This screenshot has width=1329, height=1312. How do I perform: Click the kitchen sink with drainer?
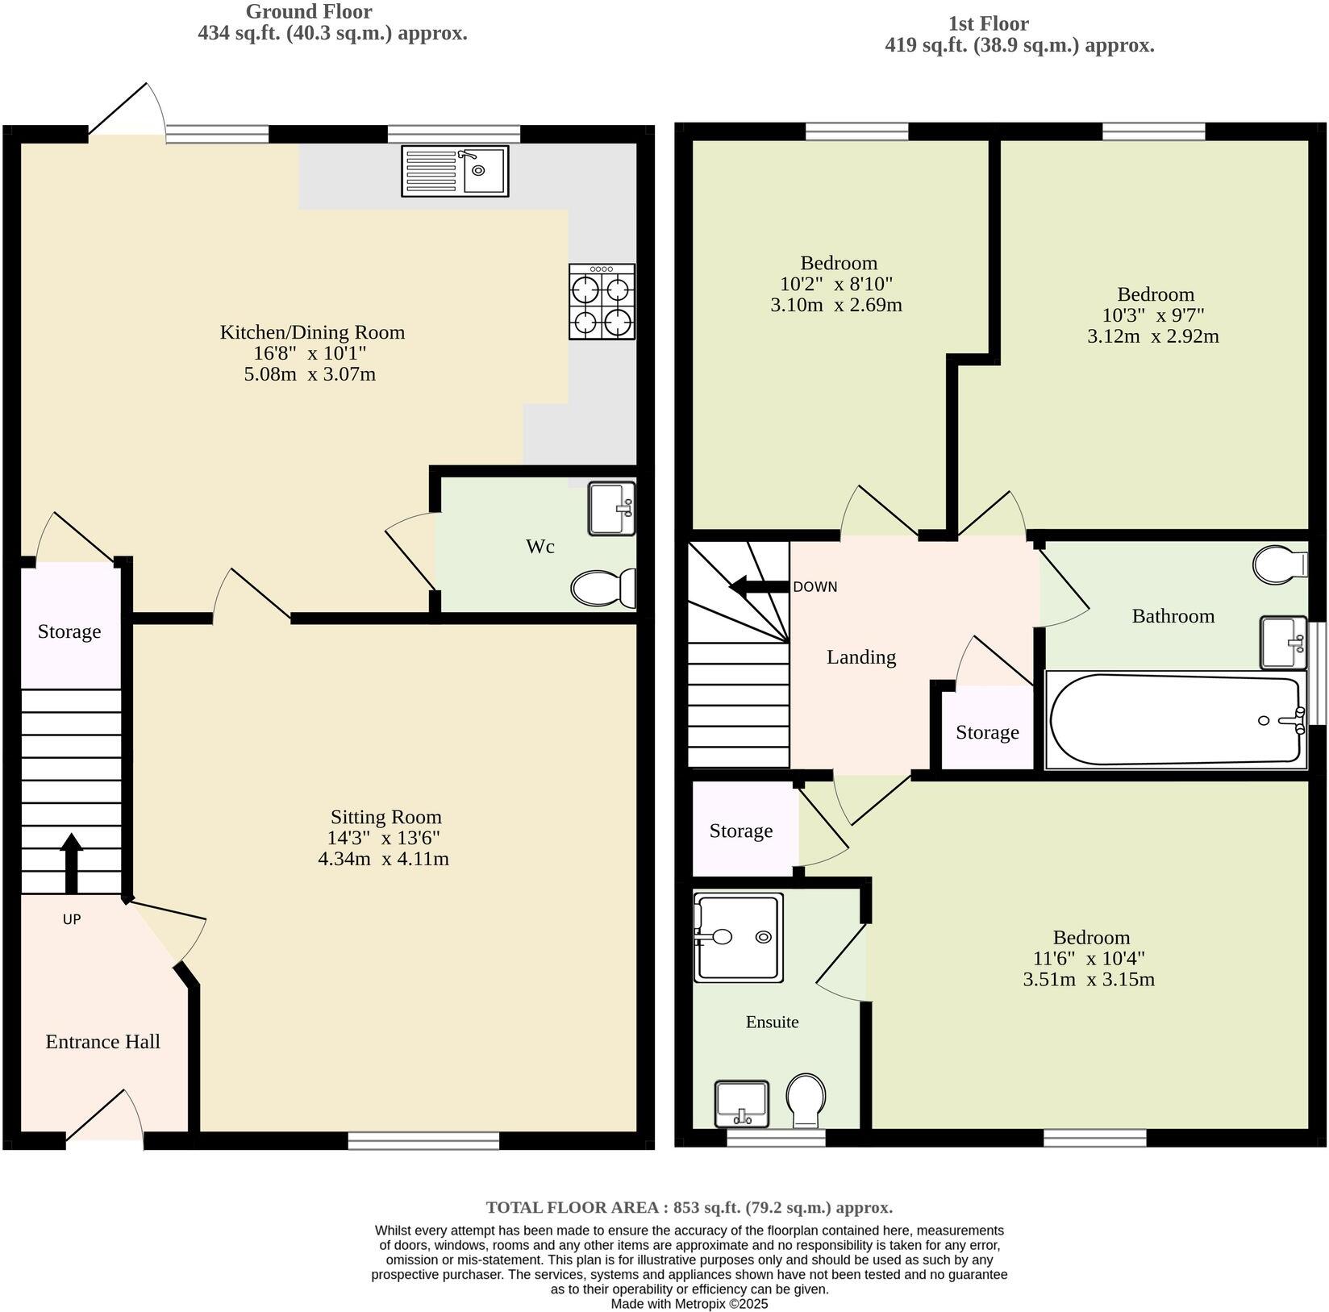[x=455, y=171]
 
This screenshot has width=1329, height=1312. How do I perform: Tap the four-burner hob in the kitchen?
[x=602, y=302]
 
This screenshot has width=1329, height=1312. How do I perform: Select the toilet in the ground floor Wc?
[x=603, y=588]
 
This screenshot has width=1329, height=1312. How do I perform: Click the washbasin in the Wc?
[x=612, y=508]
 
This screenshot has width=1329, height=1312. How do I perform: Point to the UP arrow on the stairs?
[x=71, y=862]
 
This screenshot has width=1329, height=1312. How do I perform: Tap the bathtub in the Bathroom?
[x=1176, y=720]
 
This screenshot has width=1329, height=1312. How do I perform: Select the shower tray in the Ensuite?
[x=739, y=936]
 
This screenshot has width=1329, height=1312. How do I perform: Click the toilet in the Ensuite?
[x=806, y=1100]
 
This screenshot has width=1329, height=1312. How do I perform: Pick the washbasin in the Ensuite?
[x=742, y=1103]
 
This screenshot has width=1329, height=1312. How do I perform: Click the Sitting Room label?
[x=385, y=817]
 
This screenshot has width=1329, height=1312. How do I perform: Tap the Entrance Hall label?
[x=102, y=1041]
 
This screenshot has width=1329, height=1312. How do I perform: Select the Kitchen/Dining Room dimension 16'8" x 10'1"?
[x=310, y=353]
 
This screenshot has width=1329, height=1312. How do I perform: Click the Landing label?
[x=860, y=657]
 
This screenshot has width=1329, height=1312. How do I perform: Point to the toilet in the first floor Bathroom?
[x=1280, y=564]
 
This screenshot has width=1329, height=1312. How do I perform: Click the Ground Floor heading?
[x=309, y=12]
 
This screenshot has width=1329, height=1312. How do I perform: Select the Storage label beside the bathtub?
[x=987, y=732]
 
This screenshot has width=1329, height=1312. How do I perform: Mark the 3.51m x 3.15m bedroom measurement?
[x=1089, y=980]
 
